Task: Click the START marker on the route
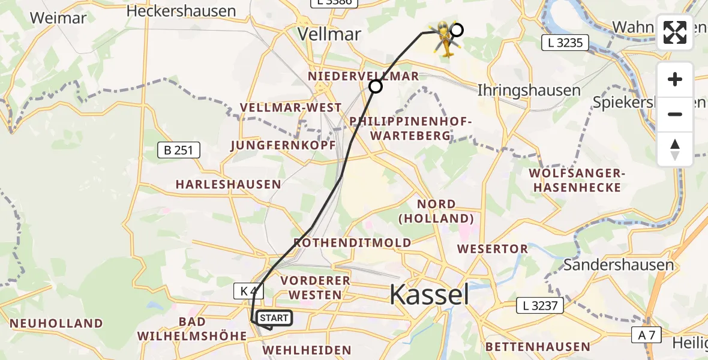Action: [274, 317]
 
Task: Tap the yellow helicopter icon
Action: [445, 39]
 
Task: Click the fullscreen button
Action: [675, 32]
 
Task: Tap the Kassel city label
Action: [430, 295]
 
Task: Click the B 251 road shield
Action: [178, 150]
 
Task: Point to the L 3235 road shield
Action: [565, 43]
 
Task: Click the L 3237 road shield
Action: [541, 306]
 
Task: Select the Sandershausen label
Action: [619, 265]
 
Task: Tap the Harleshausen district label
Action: [228, 184]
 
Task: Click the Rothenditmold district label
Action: [352, 242]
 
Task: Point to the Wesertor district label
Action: [492, 248]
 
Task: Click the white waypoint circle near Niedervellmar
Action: [376, 87]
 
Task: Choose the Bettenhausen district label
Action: [538, 347]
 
